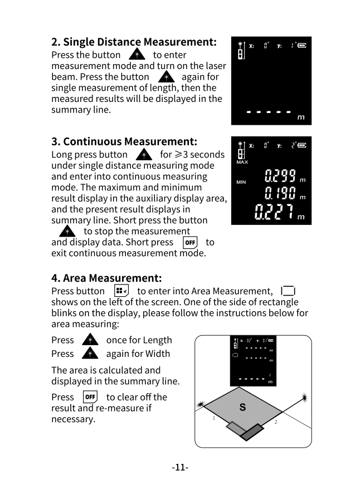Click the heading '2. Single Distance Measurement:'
[x=134, y=42]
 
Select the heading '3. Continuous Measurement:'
[x=124, y=141]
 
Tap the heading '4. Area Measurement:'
[x=106, y=277]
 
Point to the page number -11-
[x=180, y=467]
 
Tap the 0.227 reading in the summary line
[x=274, y=213]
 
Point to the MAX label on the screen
[x=242, y=163]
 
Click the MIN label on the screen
[x=241, y=182]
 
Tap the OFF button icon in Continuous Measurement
[x=190, y=243]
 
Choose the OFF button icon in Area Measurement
[x=90, y=398]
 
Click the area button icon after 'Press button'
[x=121, y=291]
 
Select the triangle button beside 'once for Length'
[x=90, y=340]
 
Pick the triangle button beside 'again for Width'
[x=90, y=354]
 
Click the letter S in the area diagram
[x=242, y=408]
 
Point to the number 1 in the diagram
[x=213, y=419]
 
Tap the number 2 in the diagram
[x=275, y=423]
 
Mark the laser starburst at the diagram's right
[x=304, y=398]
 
